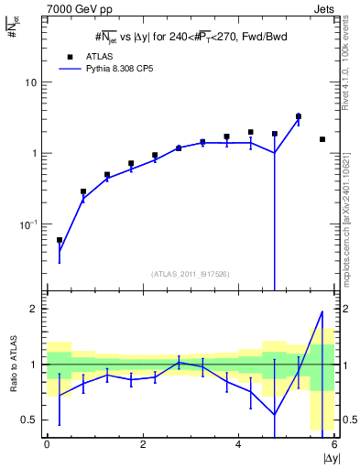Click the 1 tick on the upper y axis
point(35,153)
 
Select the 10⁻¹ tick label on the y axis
point(30,224)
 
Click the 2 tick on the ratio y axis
point(35,309)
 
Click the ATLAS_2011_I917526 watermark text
point(189,273)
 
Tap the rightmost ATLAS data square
point(322,139)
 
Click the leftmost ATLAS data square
point(60,240)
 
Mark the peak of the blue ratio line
point(322,311)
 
